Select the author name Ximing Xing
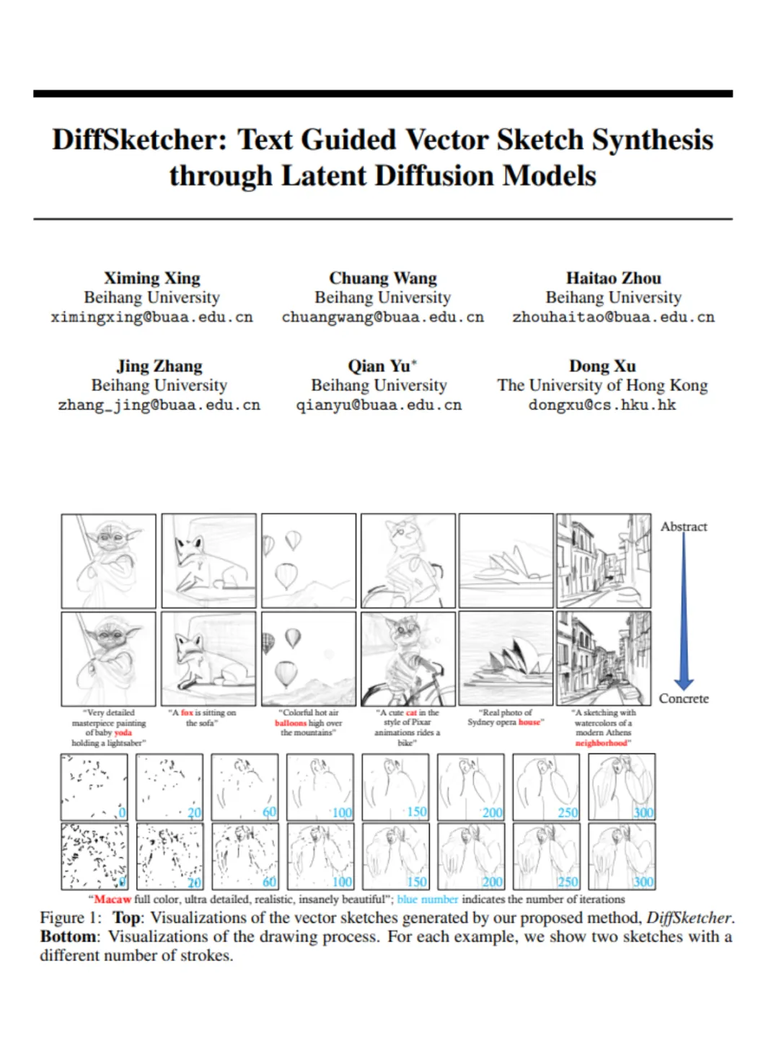click(152, 279)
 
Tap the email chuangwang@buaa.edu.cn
click(382, 317)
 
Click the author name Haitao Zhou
click(613, 279)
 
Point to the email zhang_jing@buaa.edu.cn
click(159, 405)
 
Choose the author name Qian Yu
click(379, 367)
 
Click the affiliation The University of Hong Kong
click(602, 385)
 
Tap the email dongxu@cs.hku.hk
click(602, 405)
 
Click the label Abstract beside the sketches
click(684, 527)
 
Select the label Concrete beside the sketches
click(684, 698)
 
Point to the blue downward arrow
click(684, 613)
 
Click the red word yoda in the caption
click(123, 732)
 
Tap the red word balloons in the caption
click(290, 723)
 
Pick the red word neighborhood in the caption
click(602, 742)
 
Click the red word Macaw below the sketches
click(113, 900)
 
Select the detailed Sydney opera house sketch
click(506, 658)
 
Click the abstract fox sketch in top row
click(208, 561)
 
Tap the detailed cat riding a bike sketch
click(408, 658)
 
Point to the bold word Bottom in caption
click(69, 937)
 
